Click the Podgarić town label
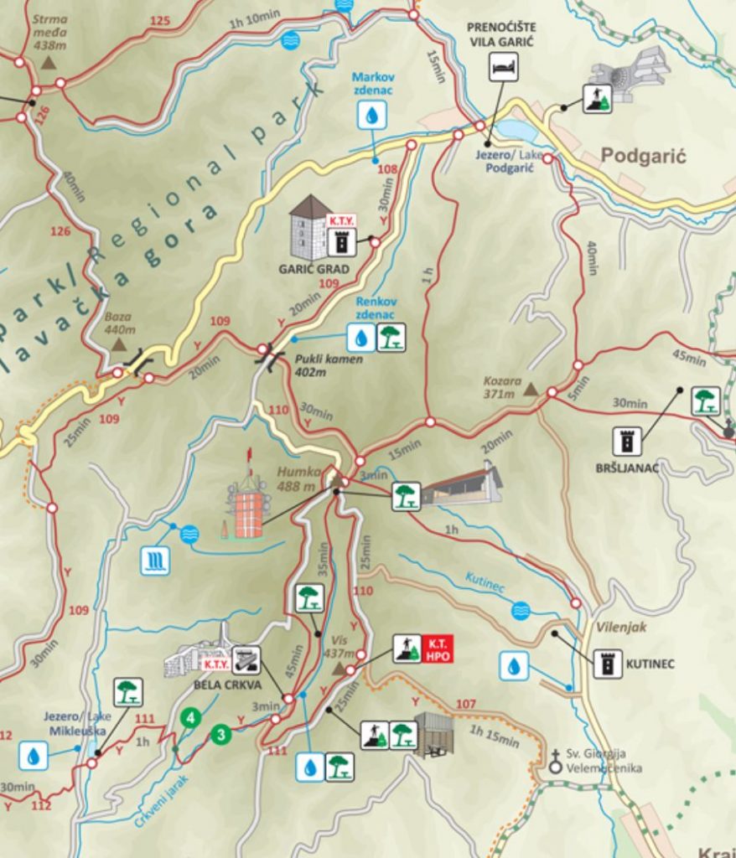pyautogui.click(x=643, y=156)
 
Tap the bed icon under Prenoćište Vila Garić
pyautogui.click(x=504, y=67)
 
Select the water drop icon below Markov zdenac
pyautogui.click(x=371, y=115)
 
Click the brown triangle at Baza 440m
pyautogui.click(x=119, y=344)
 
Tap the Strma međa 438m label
pyautogui.click(x=49, y=32)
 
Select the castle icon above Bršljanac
pyautogui.click(x=626, y=441)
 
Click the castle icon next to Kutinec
pyautogui.click(x=608, y=664)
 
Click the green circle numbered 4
pyautogui.click(x=192, y=718)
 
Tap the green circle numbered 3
pyautogui.click(x=220, y=735)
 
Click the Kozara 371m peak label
pyautogui.click(x=502, y=386)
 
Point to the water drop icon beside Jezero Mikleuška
pyautogui.click(x=34, y=755)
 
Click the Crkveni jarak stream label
pyautogui.click(x=161, y=802)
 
